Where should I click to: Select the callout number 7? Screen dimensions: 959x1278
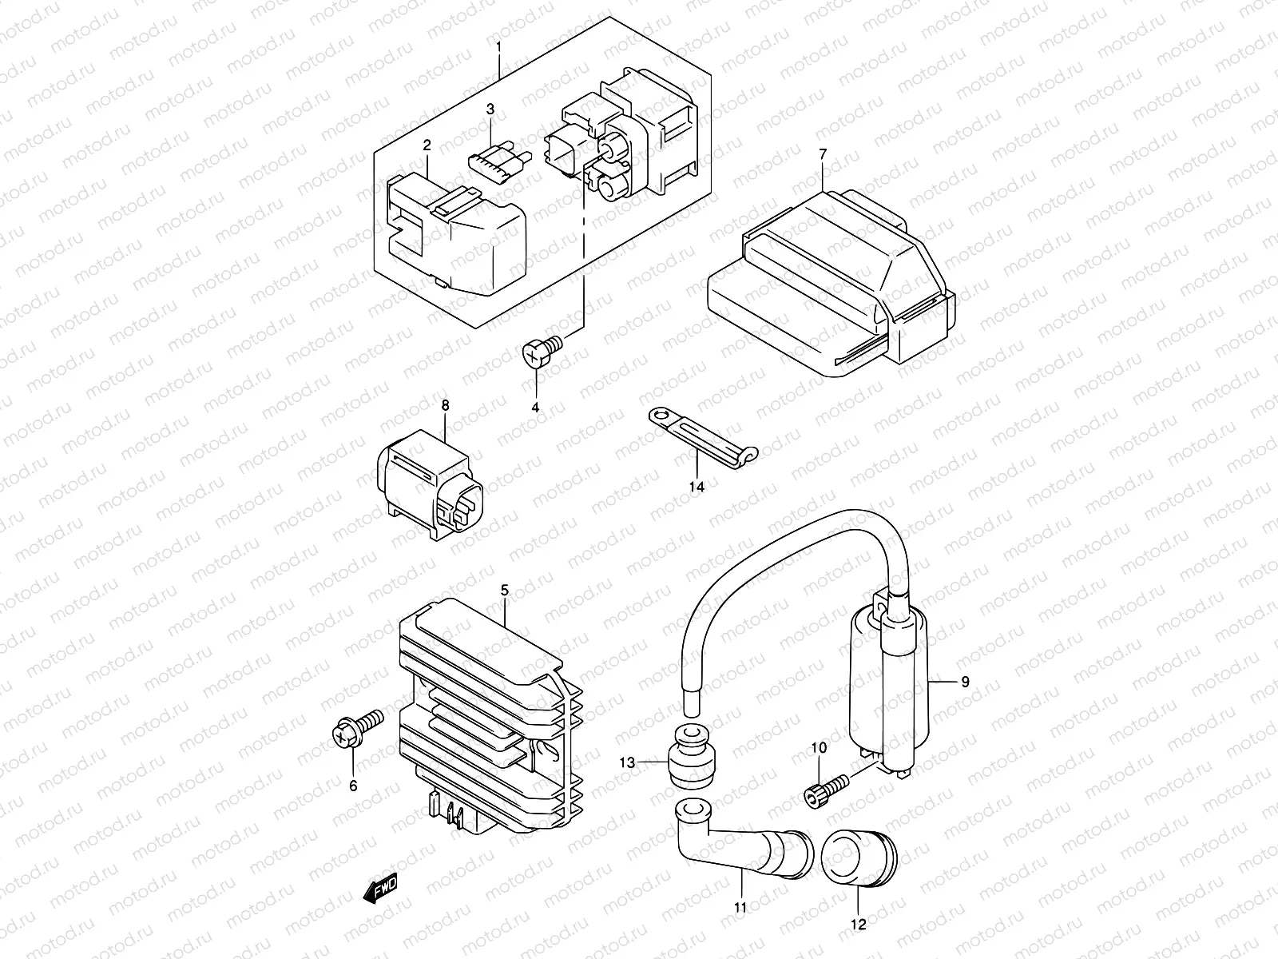(823, 153)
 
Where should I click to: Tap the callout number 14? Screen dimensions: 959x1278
(697, 486)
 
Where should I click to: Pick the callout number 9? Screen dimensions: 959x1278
(965, 682)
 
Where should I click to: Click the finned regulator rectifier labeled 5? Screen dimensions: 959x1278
(479, 711)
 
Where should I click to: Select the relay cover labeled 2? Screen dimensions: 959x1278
(455, 232)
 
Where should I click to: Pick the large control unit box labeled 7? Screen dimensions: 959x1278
(831, 280)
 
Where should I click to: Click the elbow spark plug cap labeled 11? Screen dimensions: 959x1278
(735, 847)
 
